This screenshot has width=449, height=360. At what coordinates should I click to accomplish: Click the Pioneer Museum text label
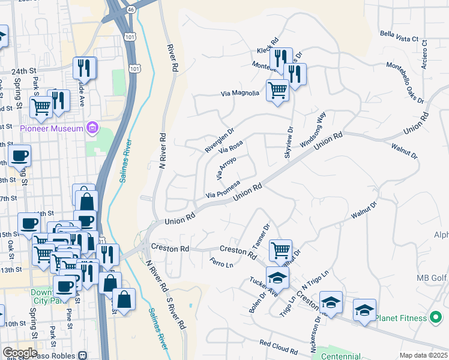52,128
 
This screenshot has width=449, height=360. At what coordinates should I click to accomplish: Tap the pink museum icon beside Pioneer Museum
91,128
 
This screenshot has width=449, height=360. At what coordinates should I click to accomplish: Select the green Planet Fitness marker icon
436,317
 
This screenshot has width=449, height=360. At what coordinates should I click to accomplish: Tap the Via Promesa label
223,190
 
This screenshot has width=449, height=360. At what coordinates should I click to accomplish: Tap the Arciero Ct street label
424,54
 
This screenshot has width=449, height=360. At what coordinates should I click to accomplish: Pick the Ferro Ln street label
221,263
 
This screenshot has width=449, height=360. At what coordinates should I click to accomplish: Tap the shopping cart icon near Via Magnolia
277,91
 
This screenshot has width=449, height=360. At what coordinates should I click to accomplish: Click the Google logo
20,353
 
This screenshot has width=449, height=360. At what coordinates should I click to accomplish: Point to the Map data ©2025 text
423,355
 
